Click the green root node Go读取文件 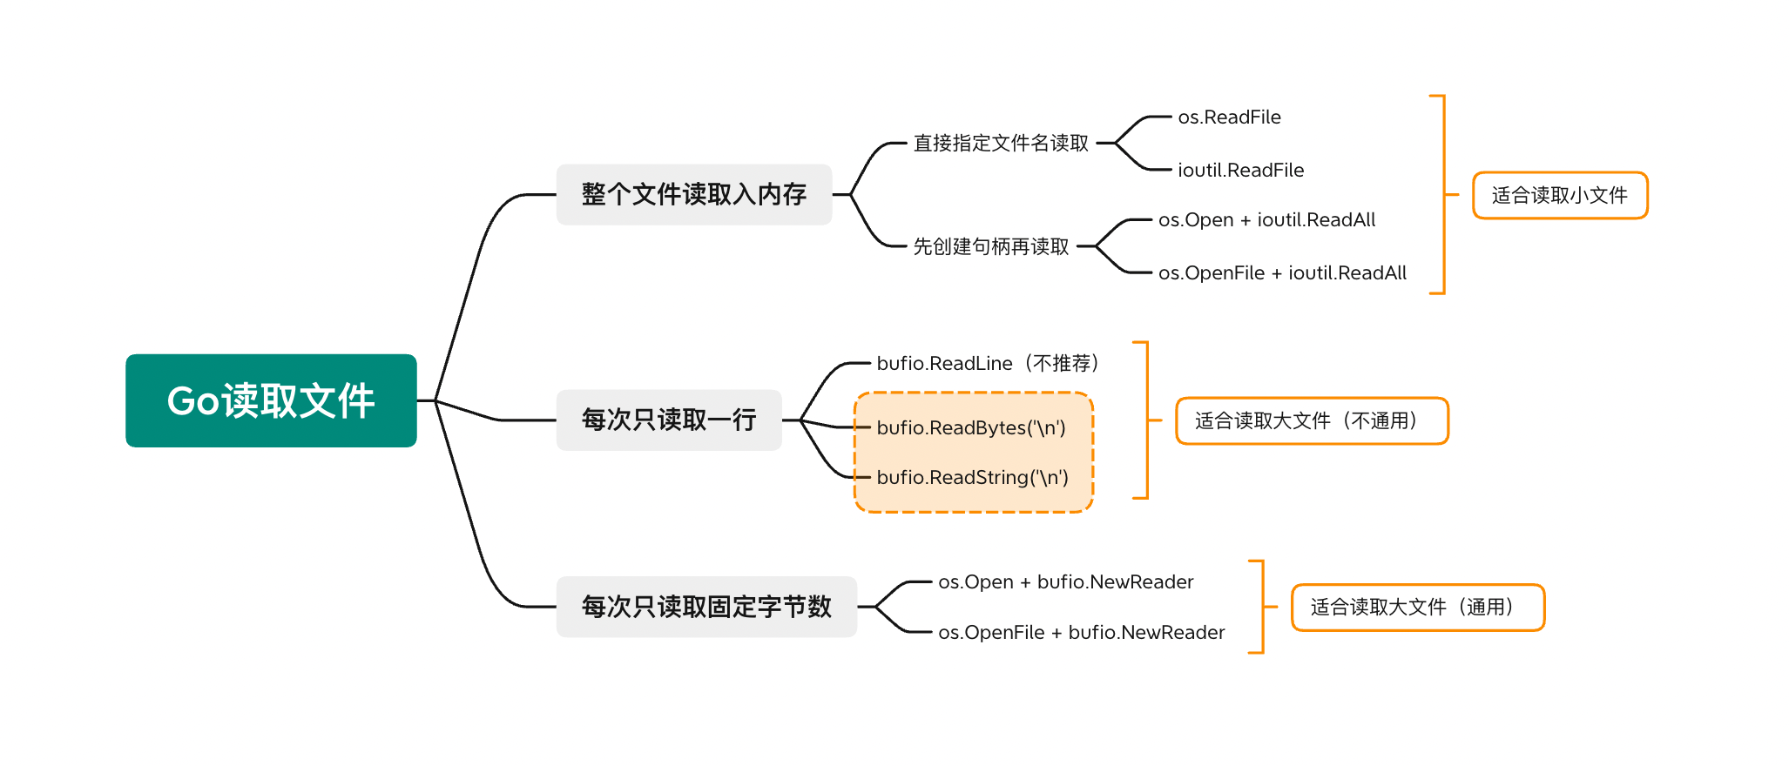pos(271,400)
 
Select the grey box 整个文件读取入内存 pos(694,194)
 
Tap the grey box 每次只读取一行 pos(669,420)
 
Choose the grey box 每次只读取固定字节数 pos(706,607)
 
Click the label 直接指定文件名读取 pos(1001,143)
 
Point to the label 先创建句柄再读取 pos(990,246)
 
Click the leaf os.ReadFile pos(1229,117)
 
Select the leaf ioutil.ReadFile pos(1240,170)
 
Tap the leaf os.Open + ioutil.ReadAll pos(1266,219)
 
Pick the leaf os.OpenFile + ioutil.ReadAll pos(1282,272)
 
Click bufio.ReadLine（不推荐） pos(988,363)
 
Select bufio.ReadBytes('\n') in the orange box pos(971,427)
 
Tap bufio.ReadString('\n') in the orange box pos(972,477)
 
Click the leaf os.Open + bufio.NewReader pos(1065,581)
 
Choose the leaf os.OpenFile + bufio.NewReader pos(1081,632)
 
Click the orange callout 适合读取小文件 pos(1560,195)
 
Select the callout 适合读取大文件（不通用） pos(1312,421)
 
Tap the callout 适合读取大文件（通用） pos(1417,607)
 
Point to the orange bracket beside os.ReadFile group pos(1443,194)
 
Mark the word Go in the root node pos(192,400)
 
